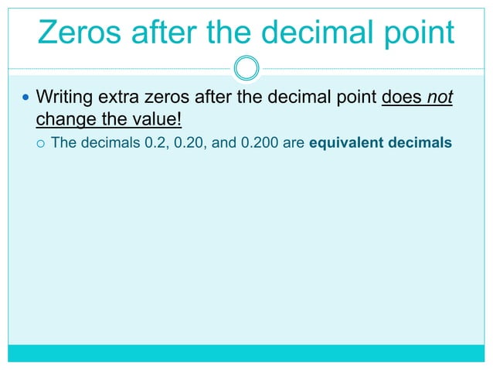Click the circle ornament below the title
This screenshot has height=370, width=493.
click(x=246, y=68)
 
